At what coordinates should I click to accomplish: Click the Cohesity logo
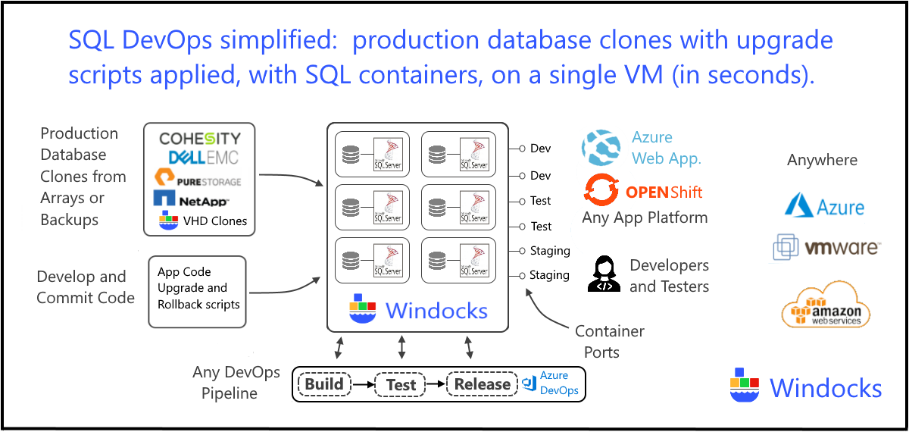(199, 139)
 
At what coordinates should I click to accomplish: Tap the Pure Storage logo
(198, 180)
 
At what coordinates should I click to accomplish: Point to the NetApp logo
(191, 200)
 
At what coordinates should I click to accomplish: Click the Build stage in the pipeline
(324, 383)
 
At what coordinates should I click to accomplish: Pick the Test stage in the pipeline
(401, 384)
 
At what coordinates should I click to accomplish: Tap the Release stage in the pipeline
(482, 383)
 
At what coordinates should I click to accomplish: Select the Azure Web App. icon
(601, 149)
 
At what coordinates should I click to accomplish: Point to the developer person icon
(604, 274)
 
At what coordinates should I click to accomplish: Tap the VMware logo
(826, 248)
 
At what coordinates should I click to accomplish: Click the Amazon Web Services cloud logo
(826, 304)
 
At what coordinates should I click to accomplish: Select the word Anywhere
(822, 160)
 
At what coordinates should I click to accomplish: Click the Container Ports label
(609, 342)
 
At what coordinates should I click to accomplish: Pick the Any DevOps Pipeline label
(236, 383)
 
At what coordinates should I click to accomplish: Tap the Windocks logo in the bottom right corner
(806, 387)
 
